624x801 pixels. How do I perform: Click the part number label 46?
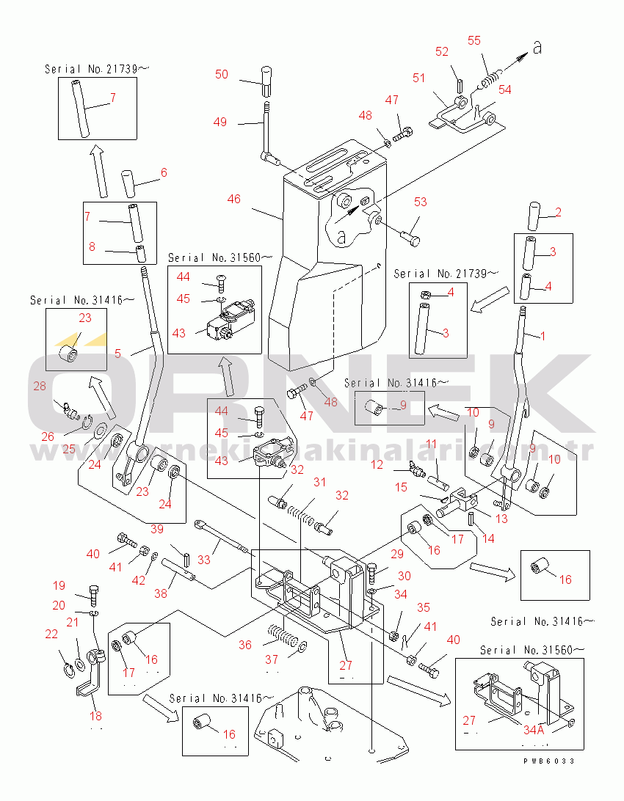pos(234,199)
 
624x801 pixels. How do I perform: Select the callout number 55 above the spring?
pos(474,40)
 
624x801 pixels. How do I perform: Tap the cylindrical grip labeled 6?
pos(130,183)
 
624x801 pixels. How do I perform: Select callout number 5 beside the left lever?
pos(117,353)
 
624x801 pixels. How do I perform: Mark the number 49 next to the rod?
pos(220,122)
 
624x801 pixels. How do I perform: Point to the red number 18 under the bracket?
pos(95,716)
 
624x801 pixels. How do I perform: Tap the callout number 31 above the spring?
pos(319,482)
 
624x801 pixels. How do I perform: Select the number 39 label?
pos(156,530)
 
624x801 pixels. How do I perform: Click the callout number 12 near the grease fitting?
pos(377,464)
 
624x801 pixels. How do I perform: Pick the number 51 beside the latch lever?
pos(419,78)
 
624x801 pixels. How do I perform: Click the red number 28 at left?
pos(39,387)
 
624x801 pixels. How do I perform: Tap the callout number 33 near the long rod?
pos(204,560)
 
